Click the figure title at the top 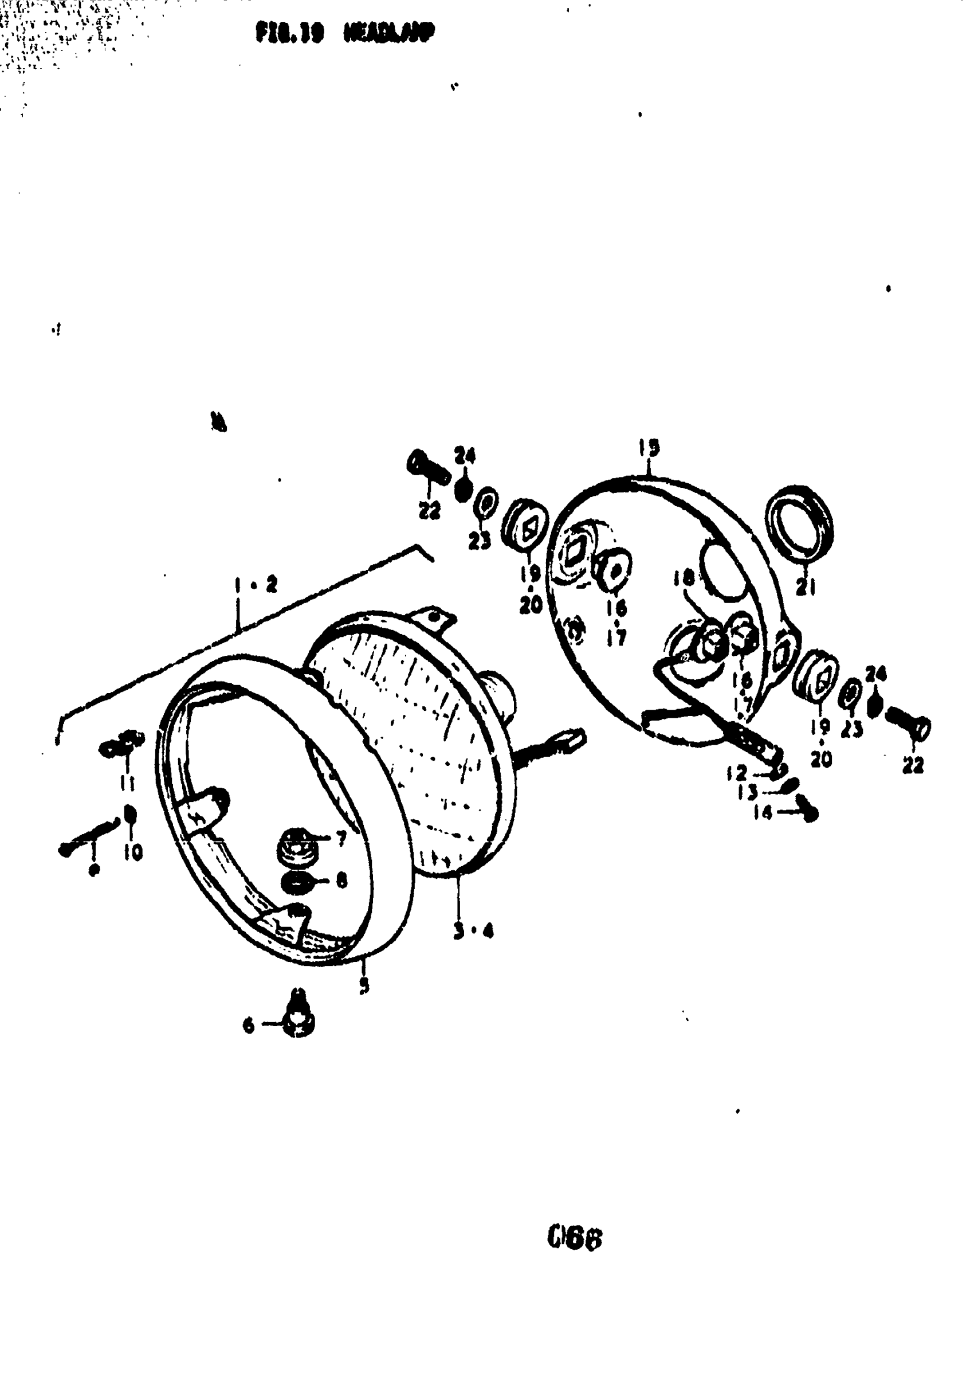tap(344, 33)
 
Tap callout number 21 tap(805, 589)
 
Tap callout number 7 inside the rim tap(341, 839)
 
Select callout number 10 tap(134, 852)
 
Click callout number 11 tap(128, 783)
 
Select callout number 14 tap(763, 814)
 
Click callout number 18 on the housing tap(684, 577)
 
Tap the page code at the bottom tap(574, 1238)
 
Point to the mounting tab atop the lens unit tap(435, 617)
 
